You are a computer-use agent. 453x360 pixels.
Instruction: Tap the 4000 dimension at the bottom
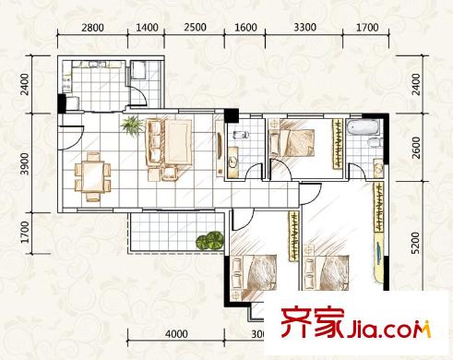click(x=177, y=333)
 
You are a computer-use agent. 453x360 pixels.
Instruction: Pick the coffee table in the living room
click(x=170, y=141)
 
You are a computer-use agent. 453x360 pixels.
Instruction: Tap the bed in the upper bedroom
click(x=296, y=141)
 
